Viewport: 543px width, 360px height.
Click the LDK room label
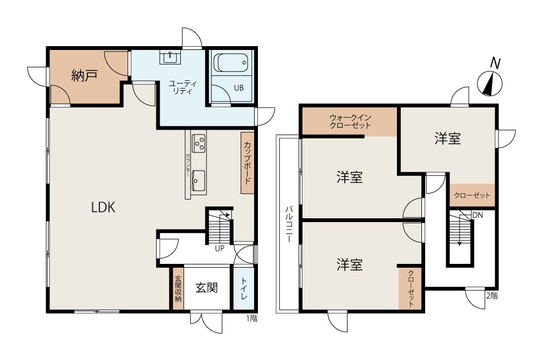tap(103, 207)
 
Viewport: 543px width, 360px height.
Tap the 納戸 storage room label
tap(84, 75)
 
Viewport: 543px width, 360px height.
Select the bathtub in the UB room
tap(231, 62)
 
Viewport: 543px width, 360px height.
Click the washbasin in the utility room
tap(170, 57)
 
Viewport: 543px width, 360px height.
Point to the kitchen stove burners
tap(199, 143)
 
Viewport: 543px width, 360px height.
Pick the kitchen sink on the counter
tap(198, 180)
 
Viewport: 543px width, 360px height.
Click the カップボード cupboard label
tap(248, 163)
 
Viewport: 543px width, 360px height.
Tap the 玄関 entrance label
tap(207, 287)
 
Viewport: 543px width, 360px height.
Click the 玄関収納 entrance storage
tap(178, 288)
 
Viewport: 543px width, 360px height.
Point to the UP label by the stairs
tap(219, 248)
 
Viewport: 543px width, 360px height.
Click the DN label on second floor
tap(477, 216)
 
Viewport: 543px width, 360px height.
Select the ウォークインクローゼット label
tap(350, 121)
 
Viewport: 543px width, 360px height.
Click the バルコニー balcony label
tap(289, 224)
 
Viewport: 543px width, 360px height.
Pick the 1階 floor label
tap(252, 318)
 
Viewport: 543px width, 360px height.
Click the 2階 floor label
tap(492, 295)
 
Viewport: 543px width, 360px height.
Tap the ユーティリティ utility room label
tap(182, 87)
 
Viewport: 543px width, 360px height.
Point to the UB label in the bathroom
tap(238, 88)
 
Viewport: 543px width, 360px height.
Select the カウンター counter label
tap(187, 165)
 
